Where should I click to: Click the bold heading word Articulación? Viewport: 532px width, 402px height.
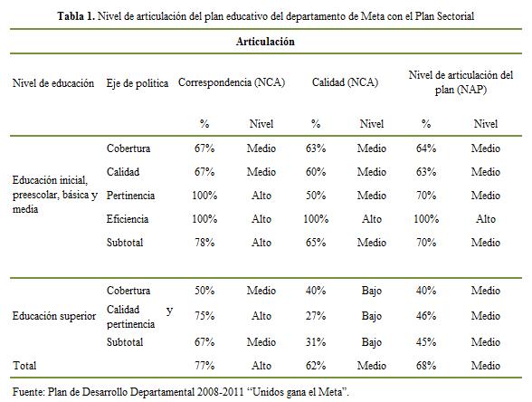[265, 42]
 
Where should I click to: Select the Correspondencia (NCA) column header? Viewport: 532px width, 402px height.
[232, 82]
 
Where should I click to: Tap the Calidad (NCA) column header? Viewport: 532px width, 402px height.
[345, 82]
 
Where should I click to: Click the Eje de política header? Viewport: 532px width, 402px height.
[138, 83]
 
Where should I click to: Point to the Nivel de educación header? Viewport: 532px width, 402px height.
[53, 83]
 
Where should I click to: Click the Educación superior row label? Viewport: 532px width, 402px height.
[54, 316]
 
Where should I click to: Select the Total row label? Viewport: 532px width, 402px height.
[24, 366]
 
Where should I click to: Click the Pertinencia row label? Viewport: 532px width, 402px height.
[130, 196]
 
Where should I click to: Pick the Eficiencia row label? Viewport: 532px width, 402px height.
[128, 219]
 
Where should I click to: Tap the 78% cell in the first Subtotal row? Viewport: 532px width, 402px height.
[204, 243]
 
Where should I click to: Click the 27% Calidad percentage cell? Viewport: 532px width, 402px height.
[316, 316]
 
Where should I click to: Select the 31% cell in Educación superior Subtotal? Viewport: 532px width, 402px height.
[316, 341]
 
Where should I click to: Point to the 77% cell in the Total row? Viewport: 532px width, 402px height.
[204, 366]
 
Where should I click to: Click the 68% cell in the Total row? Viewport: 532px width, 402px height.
[426, 366]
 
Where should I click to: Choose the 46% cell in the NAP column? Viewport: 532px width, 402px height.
[426, 316]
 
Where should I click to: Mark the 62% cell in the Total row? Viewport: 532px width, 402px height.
[316, 366]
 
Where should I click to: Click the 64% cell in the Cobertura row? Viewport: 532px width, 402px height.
[426, 148]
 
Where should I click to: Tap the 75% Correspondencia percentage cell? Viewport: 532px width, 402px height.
[204, 316]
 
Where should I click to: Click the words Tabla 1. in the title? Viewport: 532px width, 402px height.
[76, 16]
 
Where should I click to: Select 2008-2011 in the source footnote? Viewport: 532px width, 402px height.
[220, 392]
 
